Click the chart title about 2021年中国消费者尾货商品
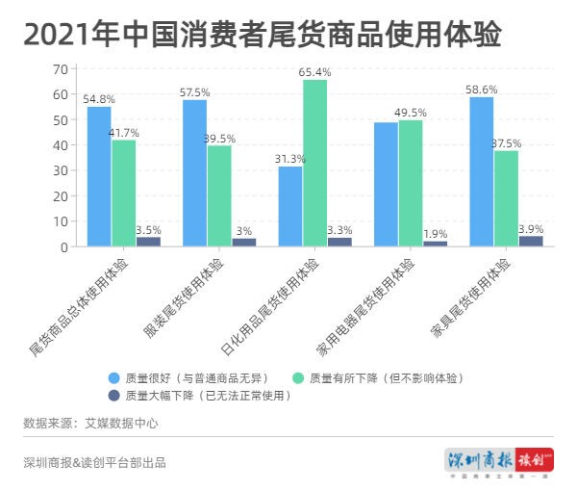coord(262,35)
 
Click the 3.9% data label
coord(531,229)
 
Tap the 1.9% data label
coord(436,233)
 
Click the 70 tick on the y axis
coord(60,69)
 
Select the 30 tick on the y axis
coord(60,170)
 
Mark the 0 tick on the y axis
coord(63,246)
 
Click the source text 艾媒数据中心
coord(125,423)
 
